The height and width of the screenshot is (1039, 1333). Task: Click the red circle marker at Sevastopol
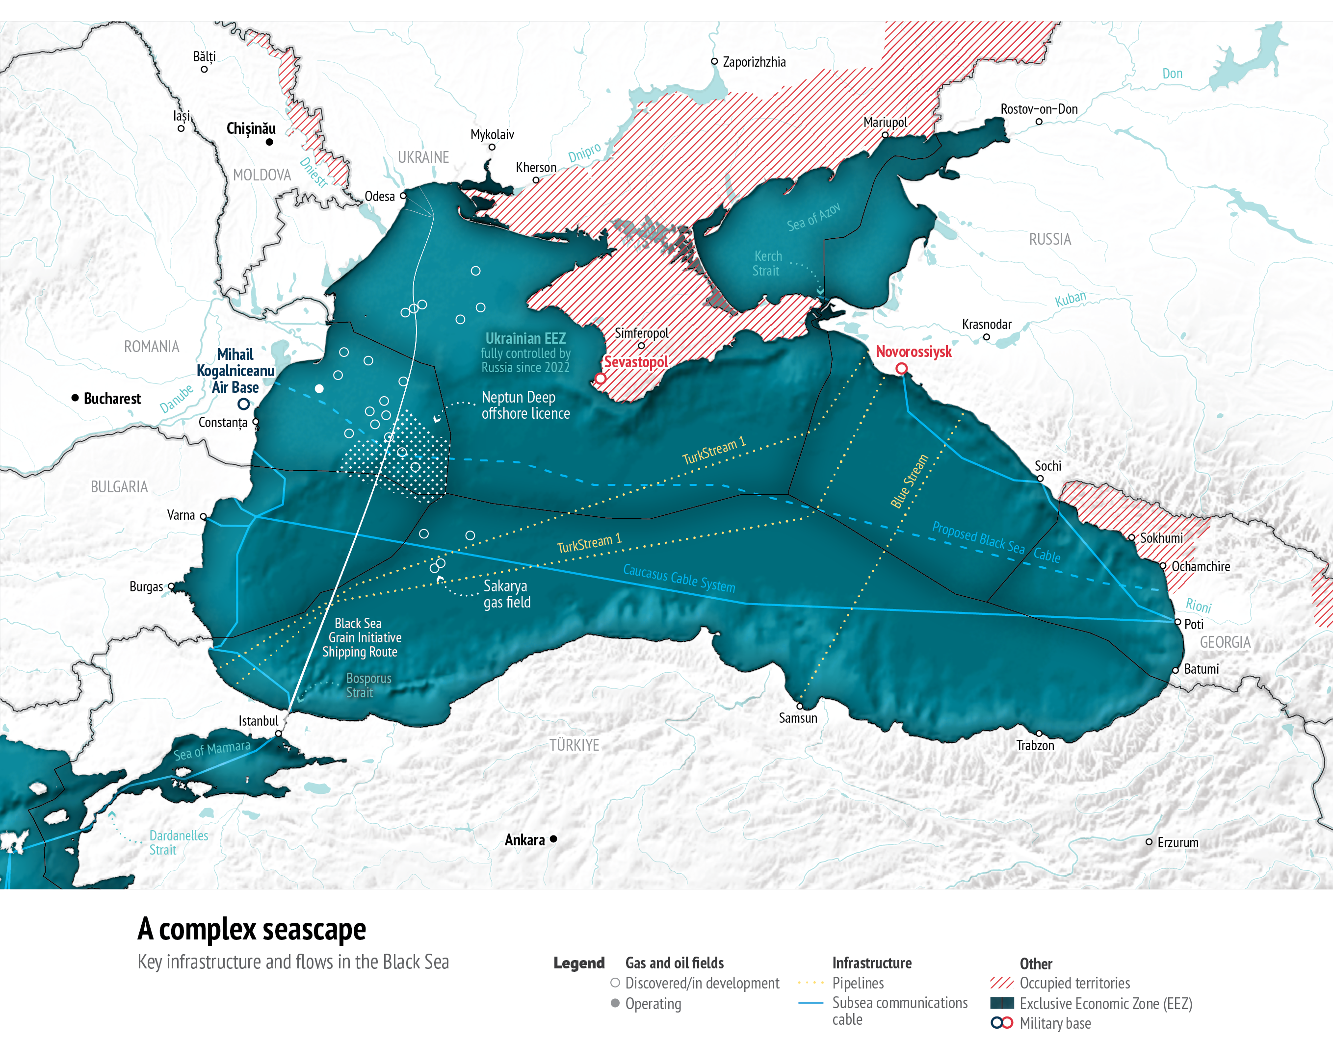pos(601,378)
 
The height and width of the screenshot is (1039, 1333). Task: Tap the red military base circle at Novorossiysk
pos(901,369)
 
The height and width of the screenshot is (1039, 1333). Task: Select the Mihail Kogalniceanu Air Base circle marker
pos(243,404)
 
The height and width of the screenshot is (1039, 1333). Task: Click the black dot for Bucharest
pos(75,398)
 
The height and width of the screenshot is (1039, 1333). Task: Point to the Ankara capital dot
pos(553,839)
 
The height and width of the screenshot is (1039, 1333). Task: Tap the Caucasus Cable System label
pos(679,578)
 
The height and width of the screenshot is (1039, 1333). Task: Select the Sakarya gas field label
pos(507,594)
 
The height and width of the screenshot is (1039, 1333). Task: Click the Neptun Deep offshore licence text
pos(525,405)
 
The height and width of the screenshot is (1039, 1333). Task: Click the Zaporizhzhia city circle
pos(714,61)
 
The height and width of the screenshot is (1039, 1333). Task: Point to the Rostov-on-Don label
pos(1039,109)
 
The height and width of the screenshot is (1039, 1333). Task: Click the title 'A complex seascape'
pos(252,929)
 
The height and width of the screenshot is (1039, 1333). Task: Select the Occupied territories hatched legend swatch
pos(1001,983)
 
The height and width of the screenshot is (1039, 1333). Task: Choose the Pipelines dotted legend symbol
pos(810,983)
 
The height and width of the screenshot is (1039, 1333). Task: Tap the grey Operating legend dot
pos(615,1003)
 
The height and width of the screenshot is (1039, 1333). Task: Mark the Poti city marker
pos(1178,622)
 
